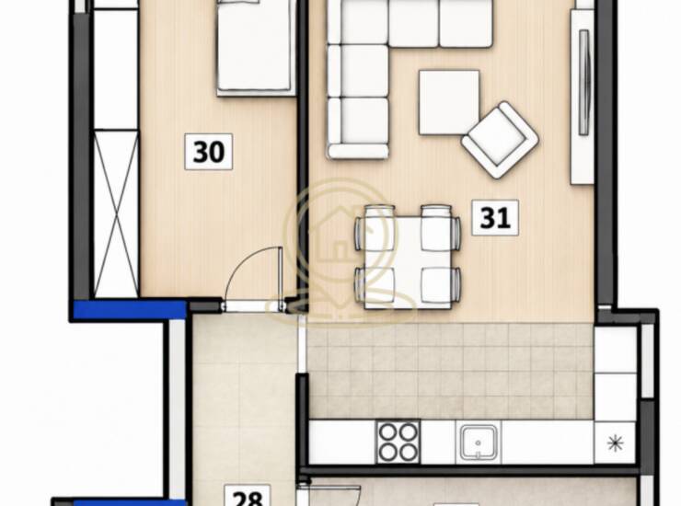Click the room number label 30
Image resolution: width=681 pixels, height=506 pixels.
(209, 152)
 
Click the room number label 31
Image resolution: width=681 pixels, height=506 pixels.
(495, 218)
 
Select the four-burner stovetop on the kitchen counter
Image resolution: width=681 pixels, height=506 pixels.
(398, 442)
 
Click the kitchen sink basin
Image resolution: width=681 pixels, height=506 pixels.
(479, 443)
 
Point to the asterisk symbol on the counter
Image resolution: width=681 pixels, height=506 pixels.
(616, 443)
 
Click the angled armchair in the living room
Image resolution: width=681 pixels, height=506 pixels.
(500, 140)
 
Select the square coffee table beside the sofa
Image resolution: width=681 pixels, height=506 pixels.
(449, 102)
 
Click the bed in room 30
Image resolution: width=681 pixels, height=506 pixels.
(256, 47)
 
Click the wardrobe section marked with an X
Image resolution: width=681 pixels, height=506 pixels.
(116, 213)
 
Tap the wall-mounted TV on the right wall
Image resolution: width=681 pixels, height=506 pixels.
(584, 82)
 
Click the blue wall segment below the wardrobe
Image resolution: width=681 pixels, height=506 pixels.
(130, 310)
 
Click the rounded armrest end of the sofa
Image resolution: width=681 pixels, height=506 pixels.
(358, 151)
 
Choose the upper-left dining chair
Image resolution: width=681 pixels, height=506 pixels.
(376, 228)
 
